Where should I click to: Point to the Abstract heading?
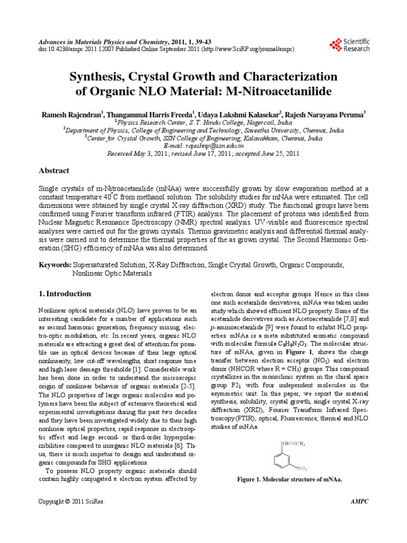click(x=55, y=171)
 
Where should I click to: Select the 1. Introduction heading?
click(x=66, y=293)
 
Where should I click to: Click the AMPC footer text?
click(x=359, y=501)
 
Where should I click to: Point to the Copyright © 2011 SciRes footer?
click(x=73, y=501)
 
